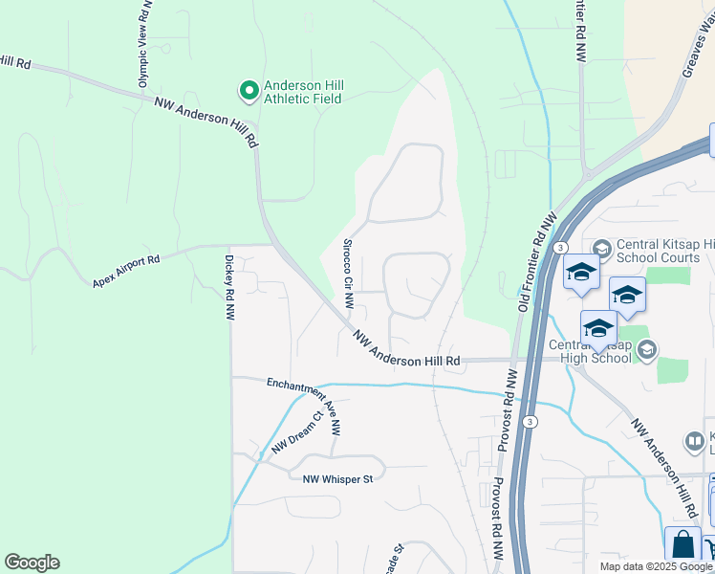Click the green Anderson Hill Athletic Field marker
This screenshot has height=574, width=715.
[249, 92]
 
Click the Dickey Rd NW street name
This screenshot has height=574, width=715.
[229, 287]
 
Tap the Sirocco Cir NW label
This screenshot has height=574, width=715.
[349, 274]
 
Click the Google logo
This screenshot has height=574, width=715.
[32, 563]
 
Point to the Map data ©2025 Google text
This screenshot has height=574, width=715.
[657, 566]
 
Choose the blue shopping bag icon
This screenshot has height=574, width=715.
[682, 545]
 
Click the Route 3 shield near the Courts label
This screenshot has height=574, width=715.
[556, 248]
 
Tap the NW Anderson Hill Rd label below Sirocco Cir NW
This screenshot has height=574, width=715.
[406, 350]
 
